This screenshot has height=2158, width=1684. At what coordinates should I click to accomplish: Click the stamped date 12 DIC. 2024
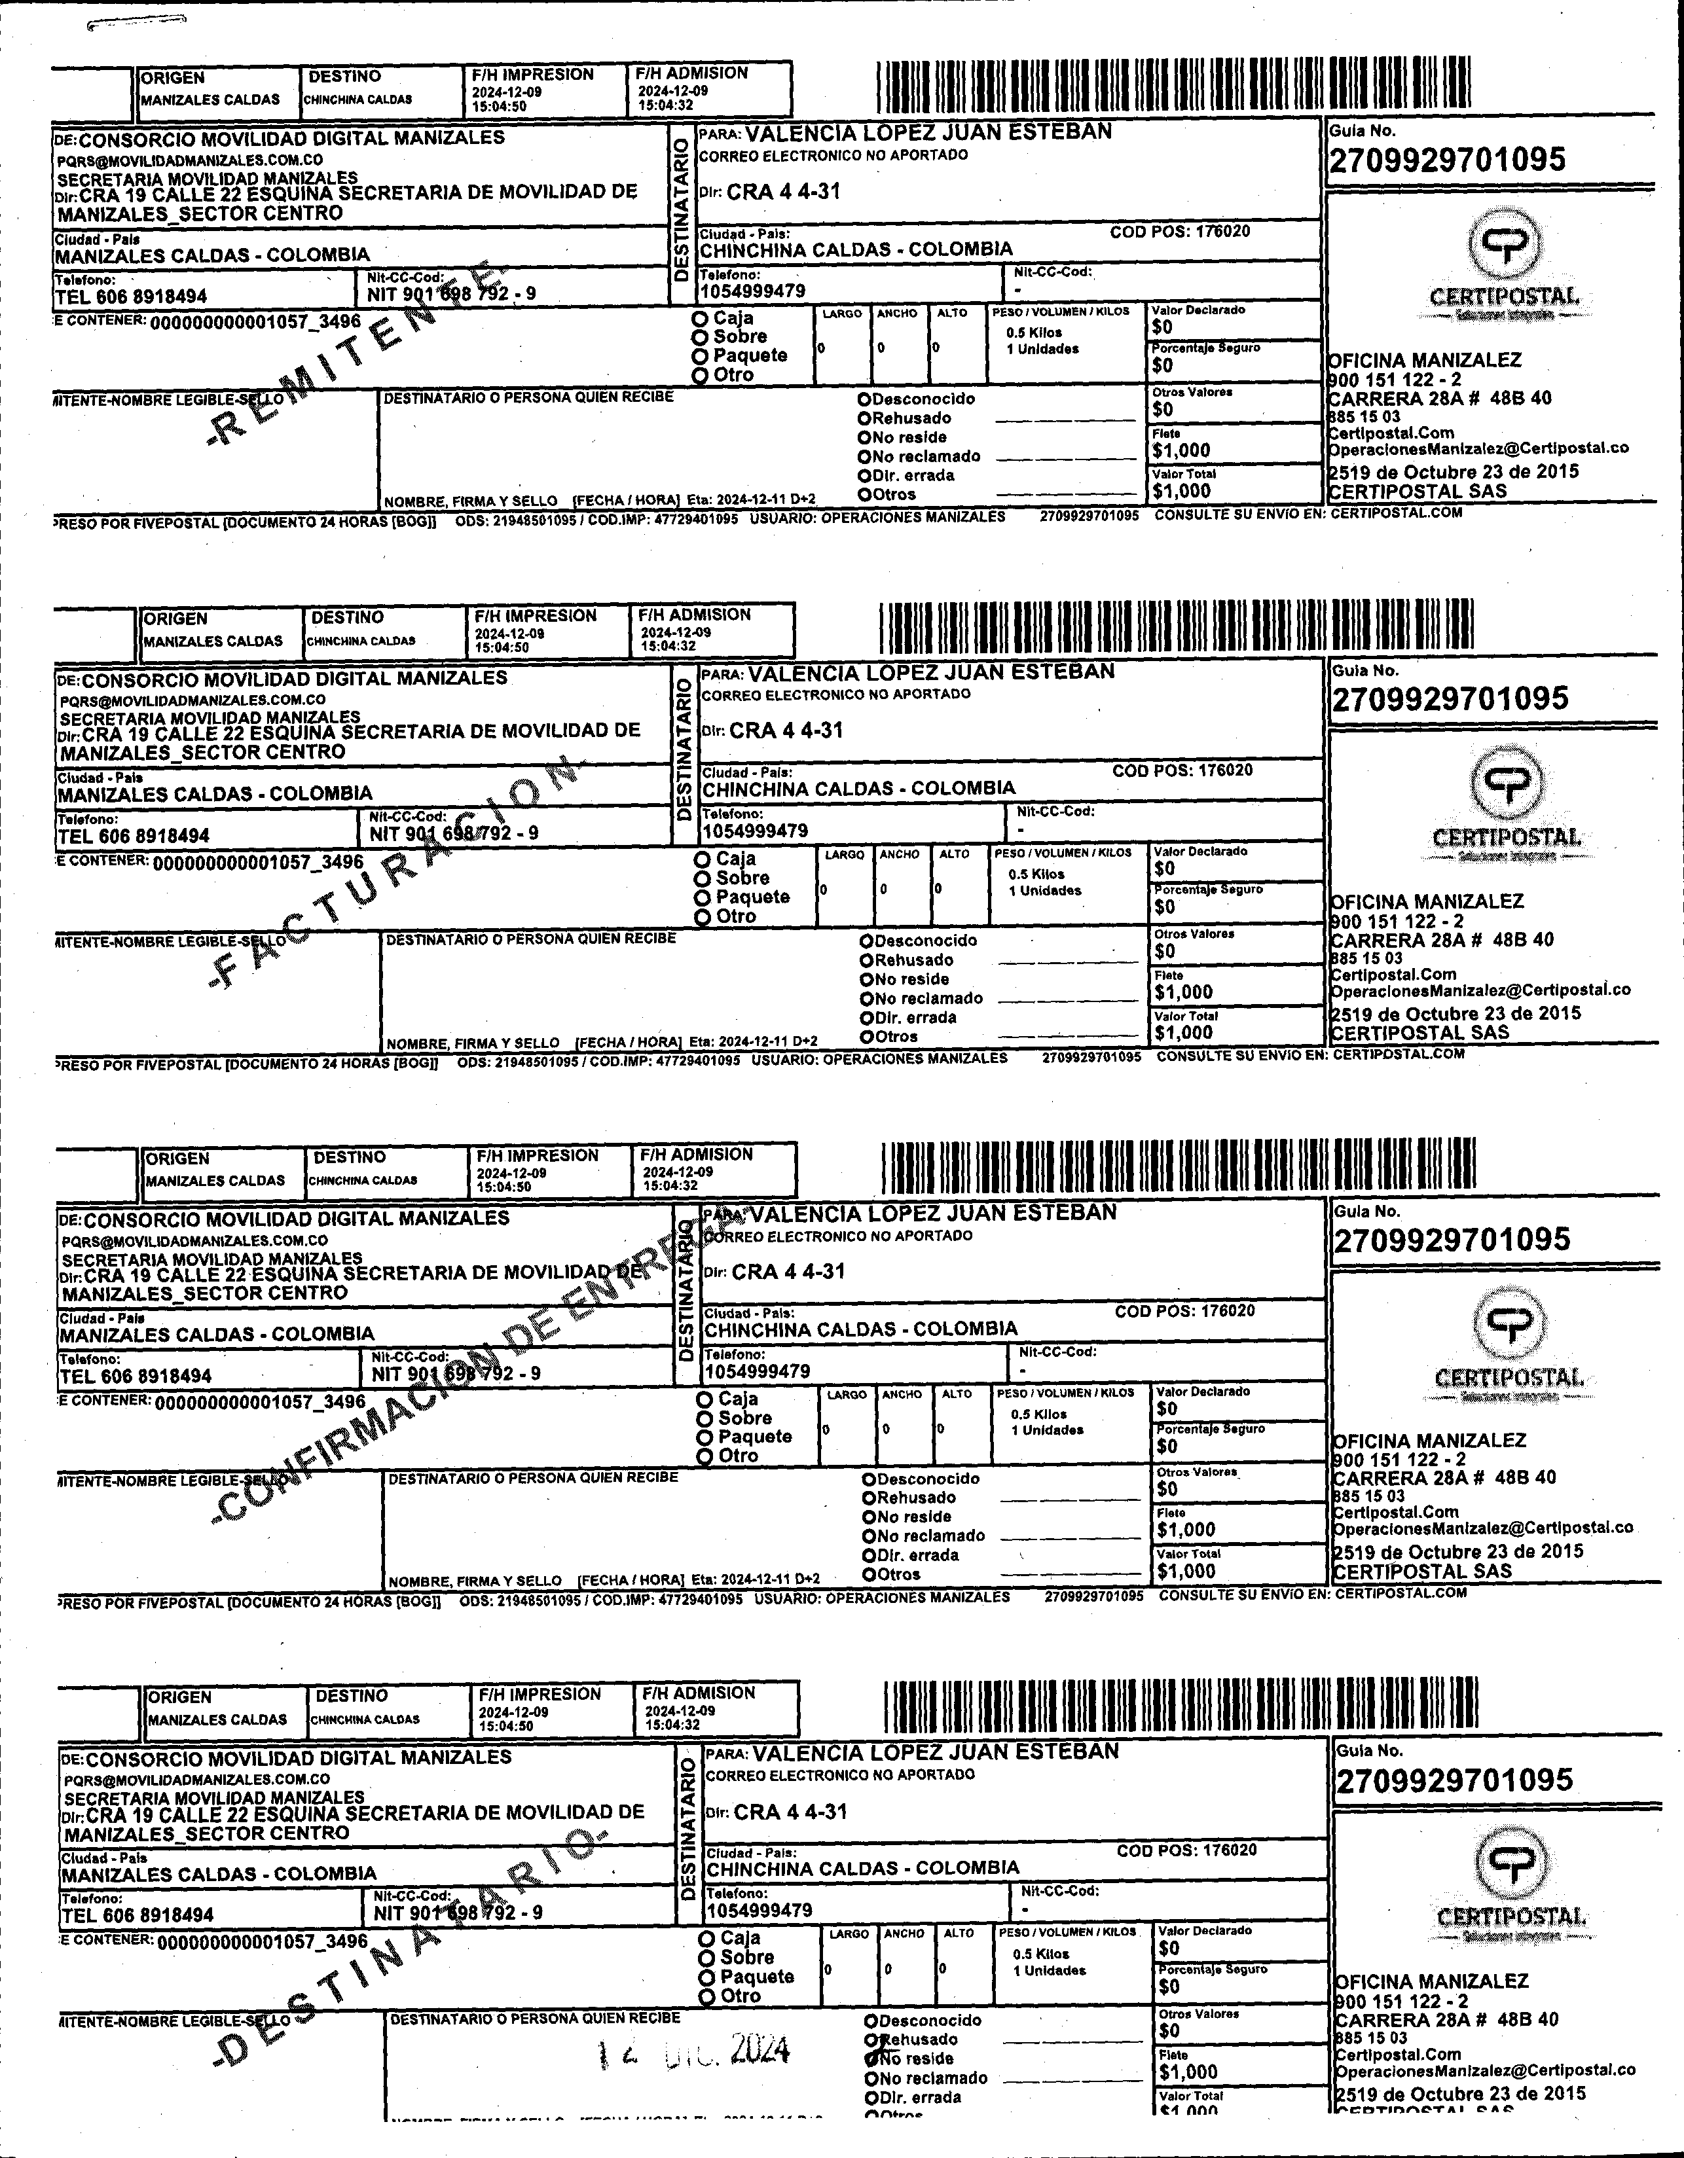(696, 2051)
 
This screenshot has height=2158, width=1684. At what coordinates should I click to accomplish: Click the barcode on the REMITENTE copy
(1173, 87)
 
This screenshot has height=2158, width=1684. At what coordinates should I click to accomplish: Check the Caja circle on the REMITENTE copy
(701, 318)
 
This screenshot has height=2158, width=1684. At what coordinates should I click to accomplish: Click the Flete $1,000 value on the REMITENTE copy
(1181, 450)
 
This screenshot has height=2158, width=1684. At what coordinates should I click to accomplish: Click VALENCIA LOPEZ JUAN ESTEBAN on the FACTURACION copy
(931, 673)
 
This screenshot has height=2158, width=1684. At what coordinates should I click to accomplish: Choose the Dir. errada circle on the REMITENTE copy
(865, 475)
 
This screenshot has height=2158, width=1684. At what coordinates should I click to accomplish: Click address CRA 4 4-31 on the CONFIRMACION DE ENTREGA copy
(788, 1272)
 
